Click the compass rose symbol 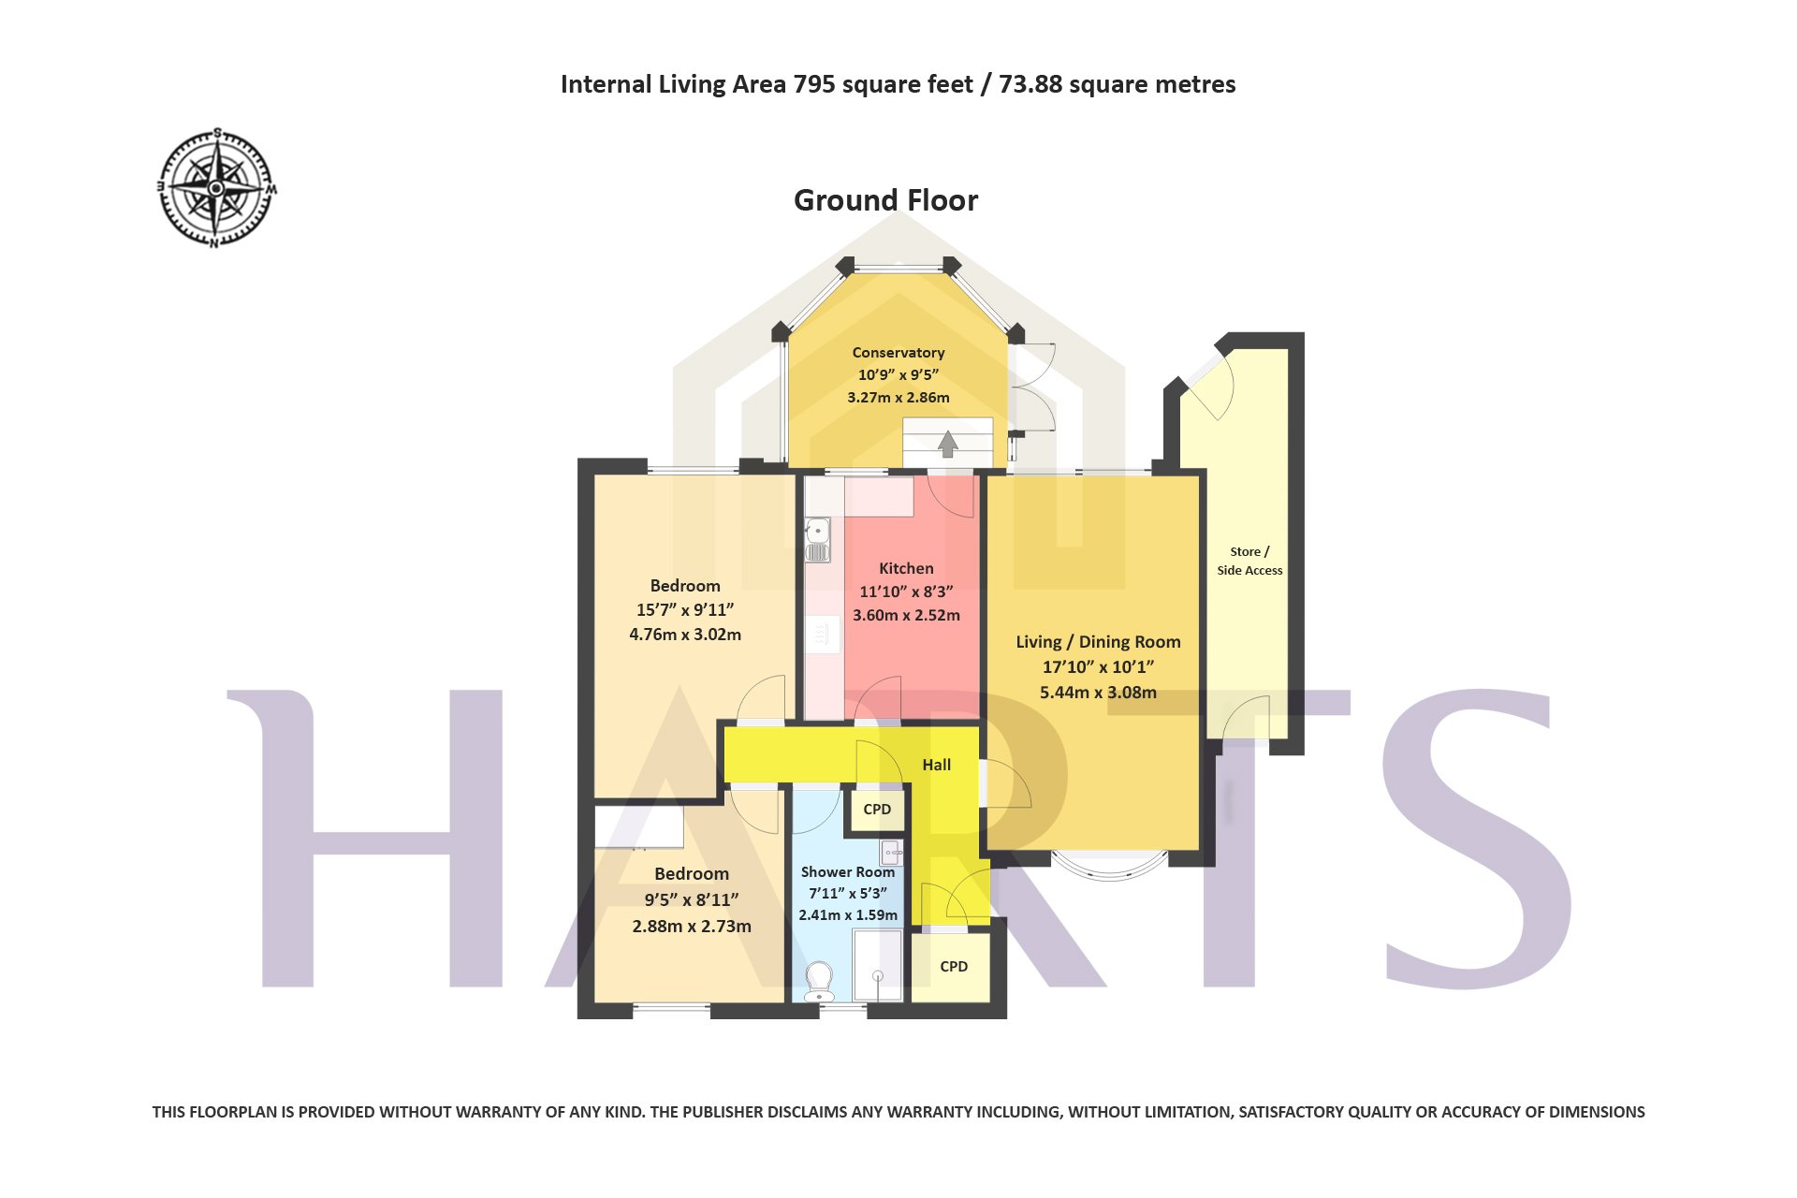216,187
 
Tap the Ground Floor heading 885,200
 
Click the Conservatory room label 898,353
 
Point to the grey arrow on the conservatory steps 948,444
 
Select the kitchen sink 817,539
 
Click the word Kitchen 906,568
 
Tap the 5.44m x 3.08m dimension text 1098,693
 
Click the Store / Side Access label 1249,561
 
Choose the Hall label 936,765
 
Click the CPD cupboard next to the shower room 877,810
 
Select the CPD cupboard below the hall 953,967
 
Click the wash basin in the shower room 891,852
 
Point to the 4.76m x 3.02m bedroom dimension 685,635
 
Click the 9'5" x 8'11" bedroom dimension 692,899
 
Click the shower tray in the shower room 878,965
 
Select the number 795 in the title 814,84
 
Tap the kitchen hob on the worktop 823,635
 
